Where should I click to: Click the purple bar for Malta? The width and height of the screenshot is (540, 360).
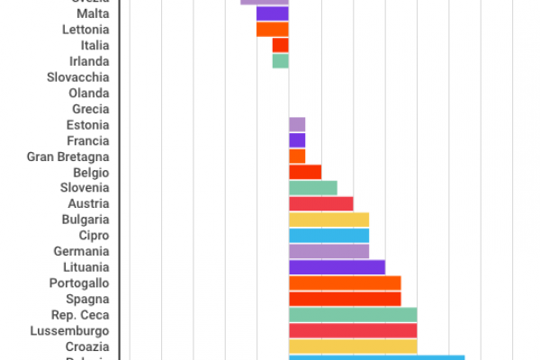click(x=272, y=13)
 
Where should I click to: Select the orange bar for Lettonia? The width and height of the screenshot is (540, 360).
click(x=272, y=30)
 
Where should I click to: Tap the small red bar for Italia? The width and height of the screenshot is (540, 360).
click(x=280, y=45)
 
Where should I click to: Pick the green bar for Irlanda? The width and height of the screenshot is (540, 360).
click(x=280, y=61)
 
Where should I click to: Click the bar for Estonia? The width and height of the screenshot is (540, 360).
click(x=297, y=124)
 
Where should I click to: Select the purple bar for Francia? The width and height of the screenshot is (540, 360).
click(x=297, y=140)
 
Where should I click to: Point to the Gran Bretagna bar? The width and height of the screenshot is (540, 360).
click(x=297, y=156)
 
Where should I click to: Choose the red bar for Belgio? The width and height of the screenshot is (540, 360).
click(x=305, y=172)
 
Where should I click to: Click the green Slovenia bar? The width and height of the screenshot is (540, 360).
click(x=312, y=187)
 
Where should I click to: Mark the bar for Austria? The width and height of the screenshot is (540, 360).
click(x=320, y=203)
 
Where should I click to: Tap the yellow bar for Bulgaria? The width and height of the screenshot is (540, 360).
click(x=328, y=220)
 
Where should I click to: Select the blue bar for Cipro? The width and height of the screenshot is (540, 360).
click(x=328, y=235)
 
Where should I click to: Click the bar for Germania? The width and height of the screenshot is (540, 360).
click(x=328, y=251)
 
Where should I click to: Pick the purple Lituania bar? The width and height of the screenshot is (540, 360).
click(x=337, y=266)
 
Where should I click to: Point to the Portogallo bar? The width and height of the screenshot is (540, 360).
click(x=345, y=283)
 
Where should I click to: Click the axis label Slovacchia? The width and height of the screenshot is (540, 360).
click(x=78, y=77)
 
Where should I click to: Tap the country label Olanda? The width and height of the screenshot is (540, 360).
click(x=89, y=93)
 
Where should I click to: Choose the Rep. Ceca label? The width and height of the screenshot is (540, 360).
click(x=81, y=315)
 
